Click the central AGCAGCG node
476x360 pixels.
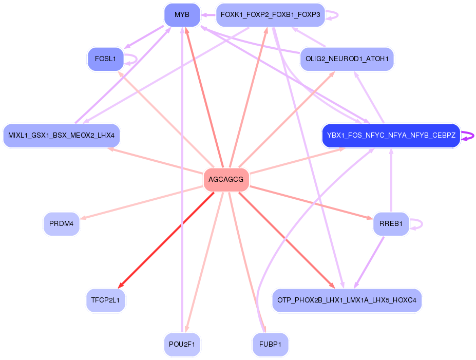(x=226, y=180)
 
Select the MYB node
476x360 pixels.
(x=182, y=15)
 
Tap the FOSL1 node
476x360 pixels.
(x=106, y=59)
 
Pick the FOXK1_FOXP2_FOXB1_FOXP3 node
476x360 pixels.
(x=270, y=15)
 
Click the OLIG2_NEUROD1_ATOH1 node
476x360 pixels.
(x=347, y=59)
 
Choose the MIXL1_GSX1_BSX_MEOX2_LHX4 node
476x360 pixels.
(x=61, y=136)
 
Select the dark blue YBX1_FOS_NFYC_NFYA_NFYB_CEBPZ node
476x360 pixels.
(x=391, y=136)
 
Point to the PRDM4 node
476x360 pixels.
(x=62, y=224)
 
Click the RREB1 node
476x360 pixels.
(x=391, y=224)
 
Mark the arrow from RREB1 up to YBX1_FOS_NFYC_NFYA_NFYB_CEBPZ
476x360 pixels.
(x=391, y=180)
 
